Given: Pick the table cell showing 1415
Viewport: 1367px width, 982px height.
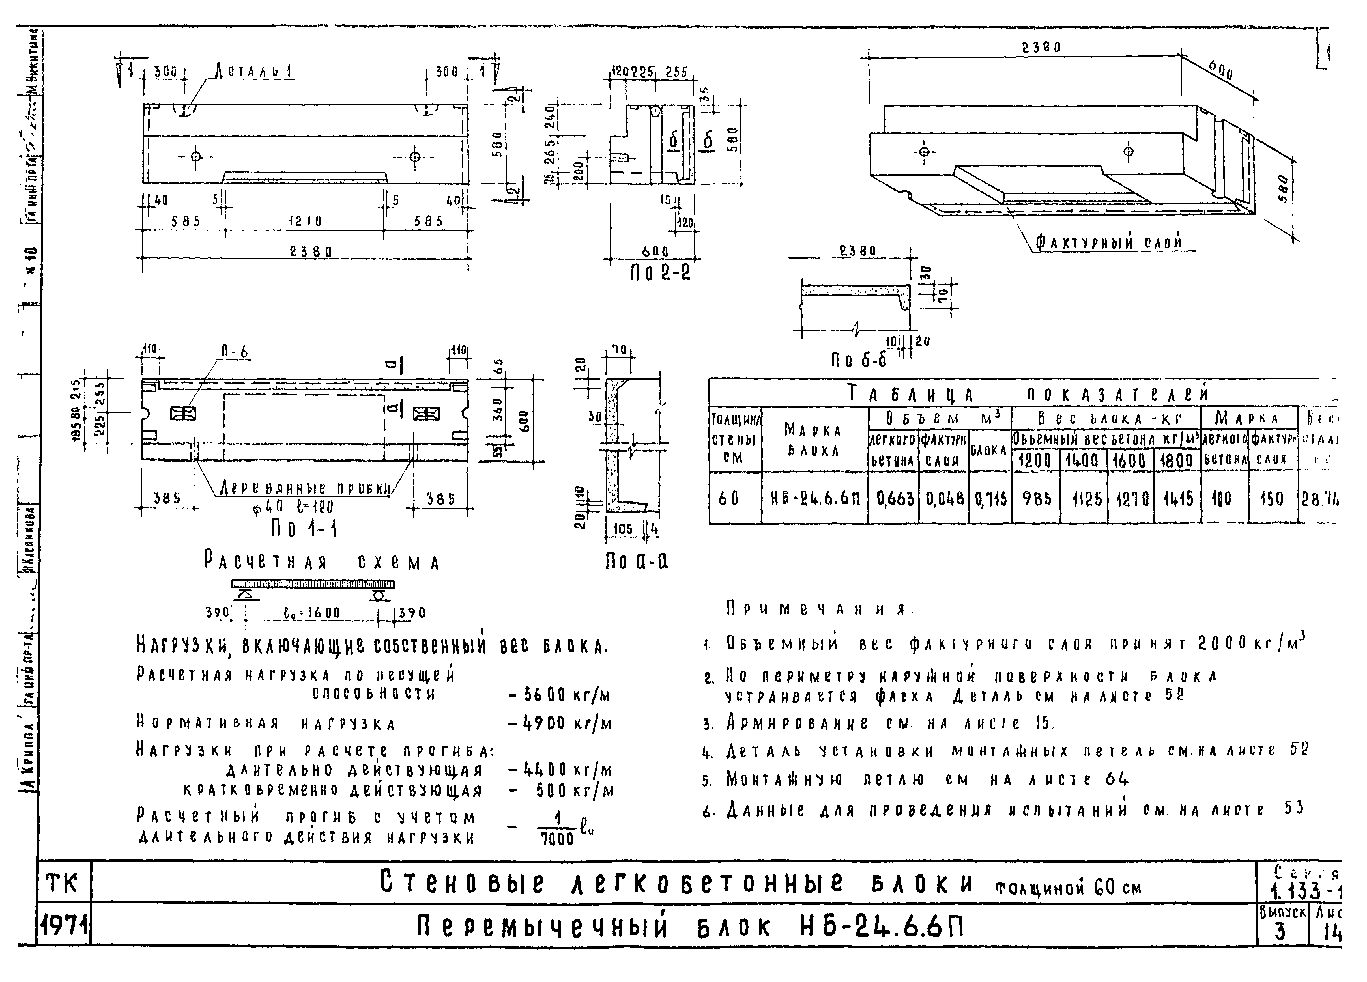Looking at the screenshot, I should (x=1177, y=498).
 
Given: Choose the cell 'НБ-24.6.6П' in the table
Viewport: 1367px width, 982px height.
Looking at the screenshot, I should (x=814, y=498).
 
